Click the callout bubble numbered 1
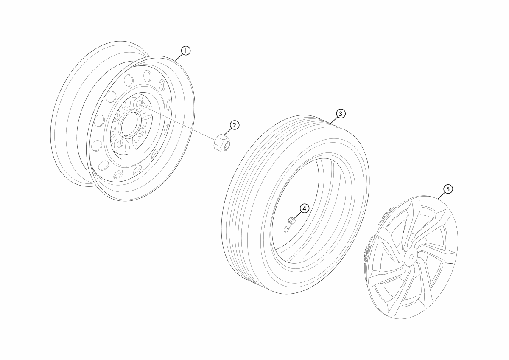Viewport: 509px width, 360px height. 185,51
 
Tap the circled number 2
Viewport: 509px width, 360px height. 235,125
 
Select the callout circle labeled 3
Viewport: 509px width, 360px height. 341,114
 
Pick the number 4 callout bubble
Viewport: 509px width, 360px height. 305,208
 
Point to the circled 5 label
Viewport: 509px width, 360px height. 448,188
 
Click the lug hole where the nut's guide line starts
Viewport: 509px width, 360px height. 138,104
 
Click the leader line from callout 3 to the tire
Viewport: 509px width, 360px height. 335,118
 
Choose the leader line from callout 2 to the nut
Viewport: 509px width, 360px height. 229,130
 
